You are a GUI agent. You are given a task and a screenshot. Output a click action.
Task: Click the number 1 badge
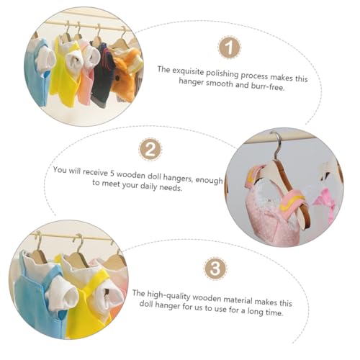(x=229, y=48)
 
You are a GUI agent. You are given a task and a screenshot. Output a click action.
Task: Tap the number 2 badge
(x=150, y=149)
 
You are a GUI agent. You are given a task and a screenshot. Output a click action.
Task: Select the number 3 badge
(x=215, y=268)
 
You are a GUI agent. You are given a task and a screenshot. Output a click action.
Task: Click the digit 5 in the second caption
(x=112, y=174)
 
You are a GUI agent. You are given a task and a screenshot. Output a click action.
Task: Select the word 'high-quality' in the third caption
(x=168, y=296)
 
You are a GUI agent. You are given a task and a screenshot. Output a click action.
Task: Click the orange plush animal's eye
(x=118, y=78)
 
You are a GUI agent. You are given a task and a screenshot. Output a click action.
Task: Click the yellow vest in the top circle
(x=64, y=71)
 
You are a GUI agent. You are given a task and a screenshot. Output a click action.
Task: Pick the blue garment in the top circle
(x=37, y=73)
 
